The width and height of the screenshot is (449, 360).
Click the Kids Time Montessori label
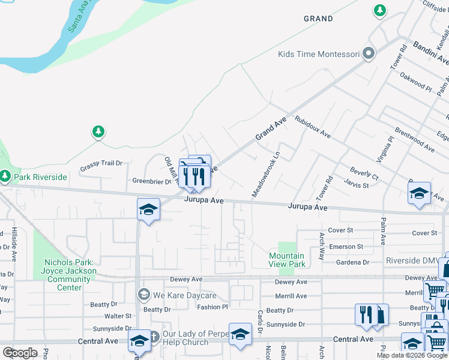[x=318, y=55]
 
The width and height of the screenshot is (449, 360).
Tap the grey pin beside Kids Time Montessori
[x=369, y=54]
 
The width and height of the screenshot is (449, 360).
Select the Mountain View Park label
[x=287, y=260]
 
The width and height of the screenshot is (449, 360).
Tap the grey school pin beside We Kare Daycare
[x=144, y=295]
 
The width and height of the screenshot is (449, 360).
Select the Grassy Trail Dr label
[x=102, y=163]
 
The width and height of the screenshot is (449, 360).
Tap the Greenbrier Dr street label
[x=152, y=181]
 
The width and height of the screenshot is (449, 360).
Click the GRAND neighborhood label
[x=318, y=19]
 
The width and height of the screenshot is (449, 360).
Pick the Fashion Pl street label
[x=213, y=307]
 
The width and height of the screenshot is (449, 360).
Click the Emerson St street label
[x=347, y=247]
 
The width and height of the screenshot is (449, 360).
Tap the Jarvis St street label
[x=356, y=186]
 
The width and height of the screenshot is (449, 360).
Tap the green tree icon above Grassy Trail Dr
[x=98, y=132]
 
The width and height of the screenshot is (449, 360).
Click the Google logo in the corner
[x=20, y=353]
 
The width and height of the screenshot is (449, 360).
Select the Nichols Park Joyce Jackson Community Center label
[x=69, y=275]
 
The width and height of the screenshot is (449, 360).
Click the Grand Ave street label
[x=271, y=129]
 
